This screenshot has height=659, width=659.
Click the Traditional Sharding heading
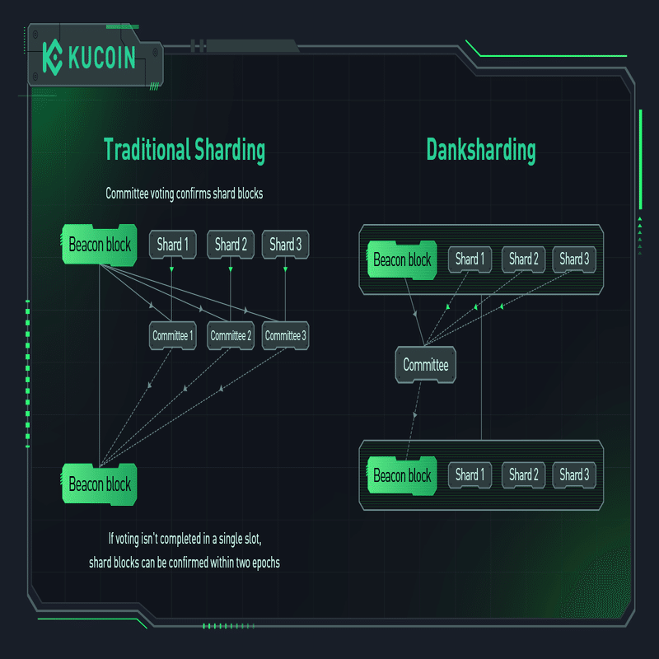pyautogui.click(x=185, y=151)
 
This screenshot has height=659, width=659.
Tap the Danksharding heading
pyautogui.click(x=481, y=151)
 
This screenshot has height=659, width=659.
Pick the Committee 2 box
pyautogui.click(x=231, y=335)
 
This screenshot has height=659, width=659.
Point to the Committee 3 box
pyautogui.click(x=286, y=335)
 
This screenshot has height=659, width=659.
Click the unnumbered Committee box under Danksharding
pyautogui.click(x=426, y=364)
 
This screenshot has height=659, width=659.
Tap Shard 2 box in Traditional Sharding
pyautogui.click(x=231, y=245)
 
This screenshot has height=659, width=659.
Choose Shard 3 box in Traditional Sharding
pyautogui.click(x=286, y=245)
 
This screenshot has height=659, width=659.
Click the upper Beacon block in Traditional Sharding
pyautogui.click(x=100, y=245)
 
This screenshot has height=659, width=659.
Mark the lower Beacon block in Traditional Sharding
pyautogui.click(x=100, y=484)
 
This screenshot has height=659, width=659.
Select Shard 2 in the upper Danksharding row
pyautogui.click(x=524, y=259)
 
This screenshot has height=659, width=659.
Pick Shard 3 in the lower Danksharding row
pyautogui.click(x=574, y=475)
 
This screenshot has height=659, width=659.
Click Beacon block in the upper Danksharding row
pyautogui.click(x=402, y=260)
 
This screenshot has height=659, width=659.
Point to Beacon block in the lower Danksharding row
pyautogui.click(x=402, y=476)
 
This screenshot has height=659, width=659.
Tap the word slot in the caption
pyautogui.click(x=251, y=539)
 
